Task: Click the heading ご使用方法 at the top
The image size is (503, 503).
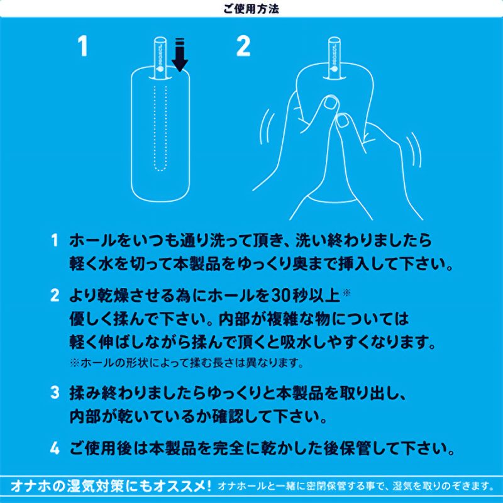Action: (251, 9)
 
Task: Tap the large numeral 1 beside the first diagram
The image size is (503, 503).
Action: (83, 46)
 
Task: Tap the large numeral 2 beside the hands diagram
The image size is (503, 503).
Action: (243, 46)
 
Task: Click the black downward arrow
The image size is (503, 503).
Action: (180, 55)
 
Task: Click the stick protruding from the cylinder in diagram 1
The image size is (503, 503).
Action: (160, 58)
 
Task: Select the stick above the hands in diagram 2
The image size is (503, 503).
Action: (334, 58)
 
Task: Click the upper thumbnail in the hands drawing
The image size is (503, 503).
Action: (331, 102)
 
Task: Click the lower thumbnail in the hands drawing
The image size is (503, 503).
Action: (343, 121)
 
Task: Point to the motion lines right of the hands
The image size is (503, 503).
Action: (414, 150)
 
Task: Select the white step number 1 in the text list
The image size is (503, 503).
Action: (55, 240)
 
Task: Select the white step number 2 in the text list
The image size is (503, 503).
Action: (55, 296)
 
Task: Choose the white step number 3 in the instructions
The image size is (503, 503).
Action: (55, 392)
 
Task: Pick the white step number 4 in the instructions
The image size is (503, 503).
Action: (55, 448)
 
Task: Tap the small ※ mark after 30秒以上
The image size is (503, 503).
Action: (347, 292)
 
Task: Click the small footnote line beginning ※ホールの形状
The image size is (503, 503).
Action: (187, 363)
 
